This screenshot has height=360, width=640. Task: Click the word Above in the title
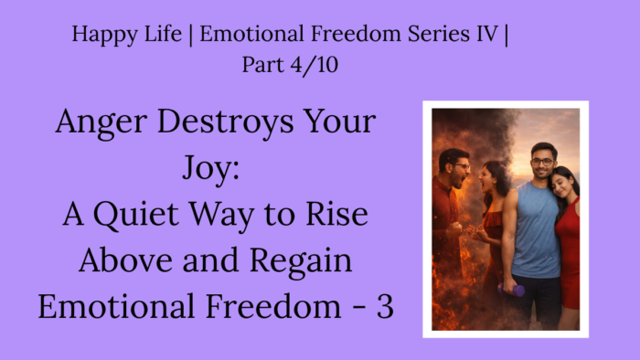pyautogui.click(x=126, y=260)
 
